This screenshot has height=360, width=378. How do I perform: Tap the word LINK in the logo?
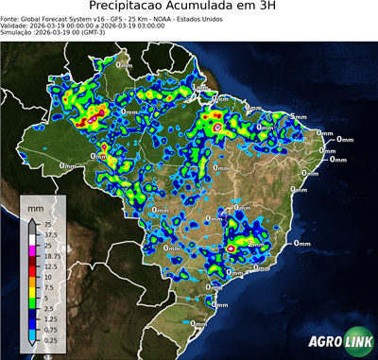356,341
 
